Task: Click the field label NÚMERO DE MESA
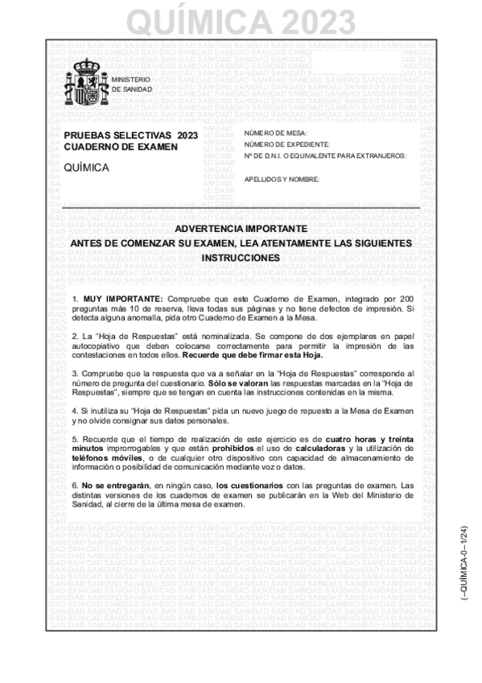(275, 133)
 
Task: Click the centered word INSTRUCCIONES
(241, 259)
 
